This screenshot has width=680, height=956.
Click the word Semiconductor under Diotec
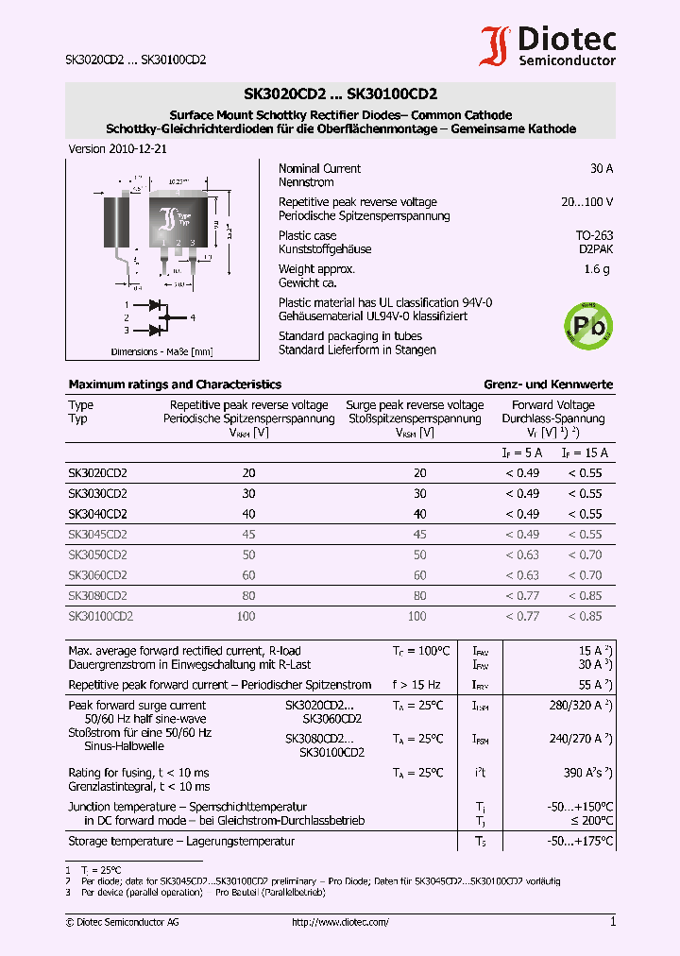pos(567,60)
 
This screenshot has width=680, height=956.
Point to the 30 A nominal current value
pos(601,169)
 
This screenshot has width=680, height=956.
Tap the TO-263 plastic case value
pos(594,236)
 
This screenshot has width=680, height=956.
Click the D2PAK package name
pos(595,249)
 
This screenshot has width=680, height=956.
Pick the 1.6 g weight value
pos(597,269)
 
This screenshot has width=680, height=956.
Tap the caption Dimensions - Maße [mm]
pos(161,351)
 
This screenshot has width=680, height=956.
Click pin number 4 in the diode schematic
pos(192,317)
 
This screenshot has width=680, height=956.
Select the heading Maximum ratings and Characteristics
pos(175,384)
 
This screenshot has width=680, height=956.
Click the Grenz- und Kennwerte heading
pos(549,384)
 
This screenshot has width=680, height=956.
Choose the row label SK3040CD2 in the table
pos(97,514)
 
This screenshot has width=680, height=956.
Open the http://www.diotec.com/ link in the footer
pos(340,922)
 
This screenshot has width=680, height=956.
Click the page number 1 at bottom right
pos(612,922)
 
